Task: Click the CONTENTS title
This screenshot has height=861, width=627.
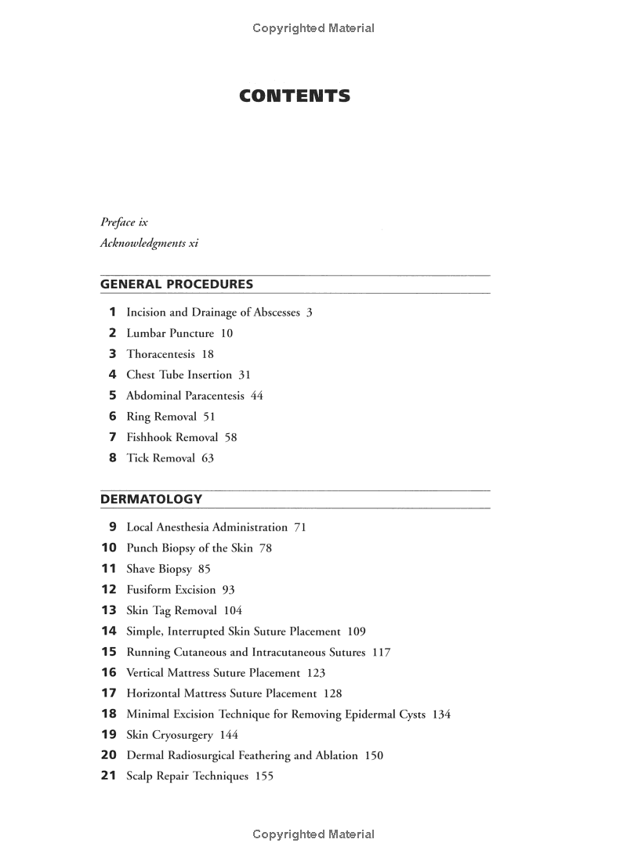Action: click(x=295, y=96)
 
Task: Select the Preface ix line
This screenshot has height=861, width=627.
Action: click(x=124, y=222)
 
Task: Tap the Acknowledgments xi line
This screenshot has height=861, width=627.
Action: click(x=149, y=243)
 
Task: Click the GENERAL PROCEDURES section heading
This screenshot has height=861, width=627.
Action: click(x=176, y=284)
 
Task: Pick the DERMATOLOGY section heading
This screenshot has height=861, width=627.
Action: click(x=151, y=499)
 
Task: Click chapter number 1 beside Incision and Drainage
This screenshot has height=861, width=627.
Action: click(x=112, y=312)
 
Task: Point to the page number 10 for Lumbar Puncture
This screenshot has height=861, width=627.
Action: click(x=227, y=333)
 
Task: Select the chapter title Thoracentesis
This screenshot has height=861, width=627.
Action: click(x=161, y=354)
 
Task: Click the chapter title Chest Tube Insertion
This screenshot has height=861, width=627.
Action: click(x=179, y=374)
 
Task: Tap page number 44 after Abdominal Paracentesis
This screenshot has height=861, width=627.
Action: click(x=257, y=396)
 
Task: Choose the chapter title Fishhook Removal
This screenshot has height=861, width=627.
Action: click(x=172, y=437)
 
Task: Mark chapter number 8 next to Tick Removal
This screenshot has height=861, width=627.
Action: click(x=112, y=458)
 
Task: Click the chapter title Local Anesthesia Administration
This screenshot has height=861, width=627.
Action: click(x=207, y=527)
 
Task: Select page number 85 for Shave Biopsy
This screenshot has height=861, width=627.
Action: click(x=205, y=569)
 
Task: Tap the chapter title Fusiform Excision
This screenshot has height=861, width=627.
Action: click(x=171, y=589)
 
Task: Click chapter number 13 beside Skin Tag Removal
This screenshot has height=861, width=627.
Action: click(x=109, y=610)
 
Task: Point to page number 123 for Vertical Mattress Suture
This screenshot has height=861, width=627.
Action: click(x=316, y=672)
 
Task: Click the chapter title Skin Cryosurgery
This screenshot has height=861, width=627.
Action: click(x=170, y=735)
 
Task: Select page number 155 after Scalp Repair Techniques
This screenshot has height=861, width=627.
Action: click(x=264, y=776)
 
